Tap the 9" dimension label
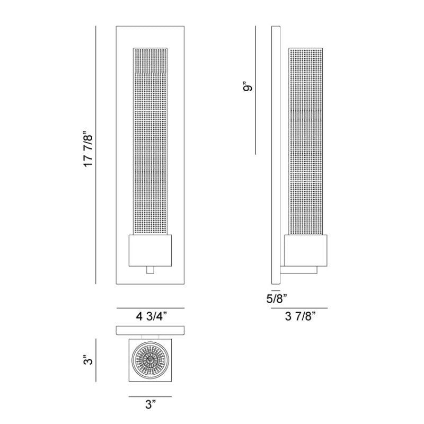[x=248, y=86]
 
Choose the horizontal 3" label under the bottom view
[x=151, y=405]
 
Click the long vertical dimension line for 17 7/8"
[x=96, y=154]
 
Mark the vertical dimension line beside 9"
[x=255, y=90]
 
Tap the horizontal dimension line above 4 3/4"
[x=151, y=308]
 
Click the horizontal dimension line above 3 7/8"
[x=299, y=308]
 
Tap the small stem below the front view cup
[x=151, y=270]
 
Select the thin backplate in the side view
[x=275, y=154]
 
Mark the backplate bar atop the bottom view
[x=151, y=331]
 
